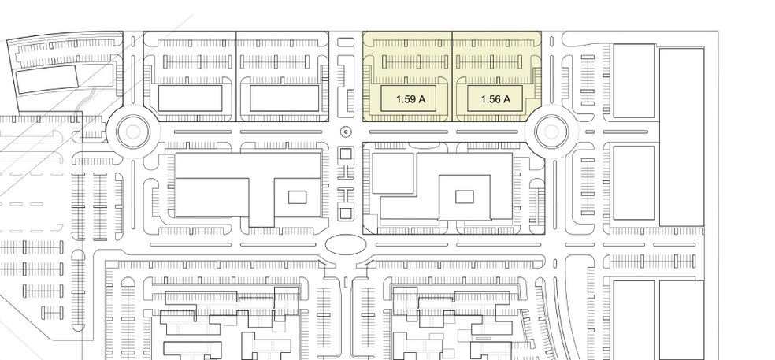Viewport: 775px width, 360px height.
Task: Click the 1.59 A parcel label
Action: point(410,99)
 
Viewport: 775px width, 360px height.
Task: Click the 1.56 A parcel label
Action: point(495,99)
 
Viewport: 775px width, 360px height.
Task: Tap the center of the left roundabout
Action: point(133,132)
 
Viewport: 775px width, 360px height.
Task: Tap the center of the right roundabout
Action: point(551,132)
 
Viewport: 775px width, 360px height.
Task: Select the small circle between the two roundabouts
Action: point(346,132)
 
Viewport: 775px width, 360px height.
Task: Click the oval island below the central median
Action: point(346,244)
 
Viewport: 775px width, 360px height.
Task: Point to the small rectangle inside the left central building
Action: point(297,197)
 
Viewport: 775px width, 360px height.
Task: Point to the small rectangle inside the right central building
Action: point(464,197)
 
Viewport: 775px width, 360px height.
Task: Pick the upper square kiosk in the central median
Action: point(346,154)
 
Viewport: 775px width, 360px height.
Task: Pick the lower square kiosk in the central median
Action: point(346,214)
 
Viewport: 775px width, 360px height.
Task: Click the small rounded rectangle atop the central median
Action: point(346,42)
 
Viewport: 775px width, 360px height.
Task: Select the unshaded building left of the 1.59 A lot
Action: point(284,98)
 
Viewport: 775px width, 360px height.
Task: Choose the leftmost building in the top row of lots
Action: point(191,98)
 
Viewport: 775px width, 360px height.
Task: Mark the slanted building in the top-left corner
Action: point(65,80)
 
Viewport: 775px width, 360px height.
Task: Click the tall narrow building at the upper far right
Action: point(681,137)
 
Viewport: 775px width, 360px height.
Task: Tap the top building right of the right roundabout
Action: point(634,80)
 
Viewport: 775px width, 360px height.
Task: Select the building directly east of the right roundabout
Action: point(634,183)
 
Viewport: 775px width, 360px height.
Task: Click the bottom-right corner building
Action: point(681,320)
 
